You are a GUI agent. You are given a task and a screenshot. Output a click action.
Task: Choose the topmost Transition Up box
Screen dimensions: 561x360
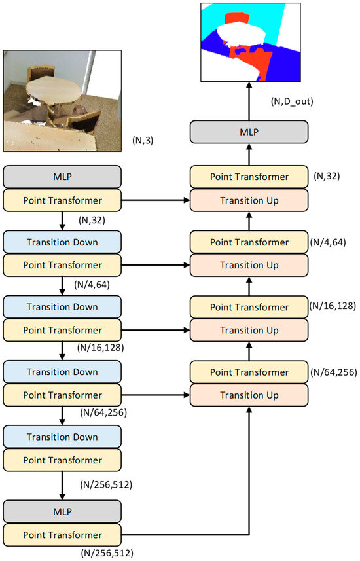[249, 200]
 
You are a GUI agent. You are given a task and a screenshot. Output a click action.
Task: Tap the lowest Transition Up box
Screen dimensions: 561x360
[249, 395]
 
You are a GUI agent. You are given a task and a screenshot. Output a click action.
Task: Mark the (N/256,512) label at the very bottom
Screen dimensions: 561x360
[107, 554]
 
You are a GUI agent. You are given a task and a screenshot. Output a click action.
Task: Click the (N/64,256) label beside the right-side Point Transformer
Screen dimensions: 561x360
[333, 372]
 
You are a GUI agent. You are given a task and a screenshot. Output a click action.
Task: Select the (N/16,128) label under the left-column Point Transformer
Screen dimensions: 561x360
[99, 347]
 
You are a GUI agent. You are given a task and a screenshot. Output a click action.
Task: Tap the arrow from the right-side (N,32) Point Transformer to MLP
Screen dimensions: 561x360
[249, 156]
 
